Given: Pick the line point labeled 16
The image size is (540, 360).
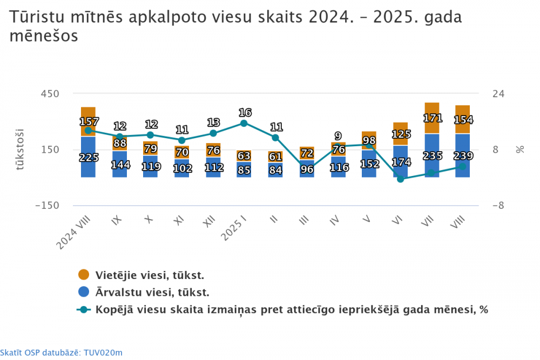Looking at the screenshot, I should (x=244, y=123).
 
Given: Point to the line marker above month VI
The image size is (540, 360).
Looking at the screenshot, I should (x=400, y=179).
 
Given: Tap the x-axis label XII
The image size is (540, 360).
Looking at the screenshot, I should (x=208, y=222).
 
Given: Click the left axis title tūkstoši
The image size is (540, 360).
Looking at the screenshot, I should (x=20, y=150).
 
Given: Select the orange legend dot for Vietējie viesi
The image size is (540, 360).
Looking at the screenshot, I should (x=84, y=275).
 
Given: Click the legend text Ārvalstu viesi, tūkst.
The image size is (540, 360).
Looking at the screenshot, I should (x=152, y=293).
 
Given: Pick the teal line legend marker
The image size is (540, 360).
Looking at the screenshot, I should (x=84, y=310).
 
